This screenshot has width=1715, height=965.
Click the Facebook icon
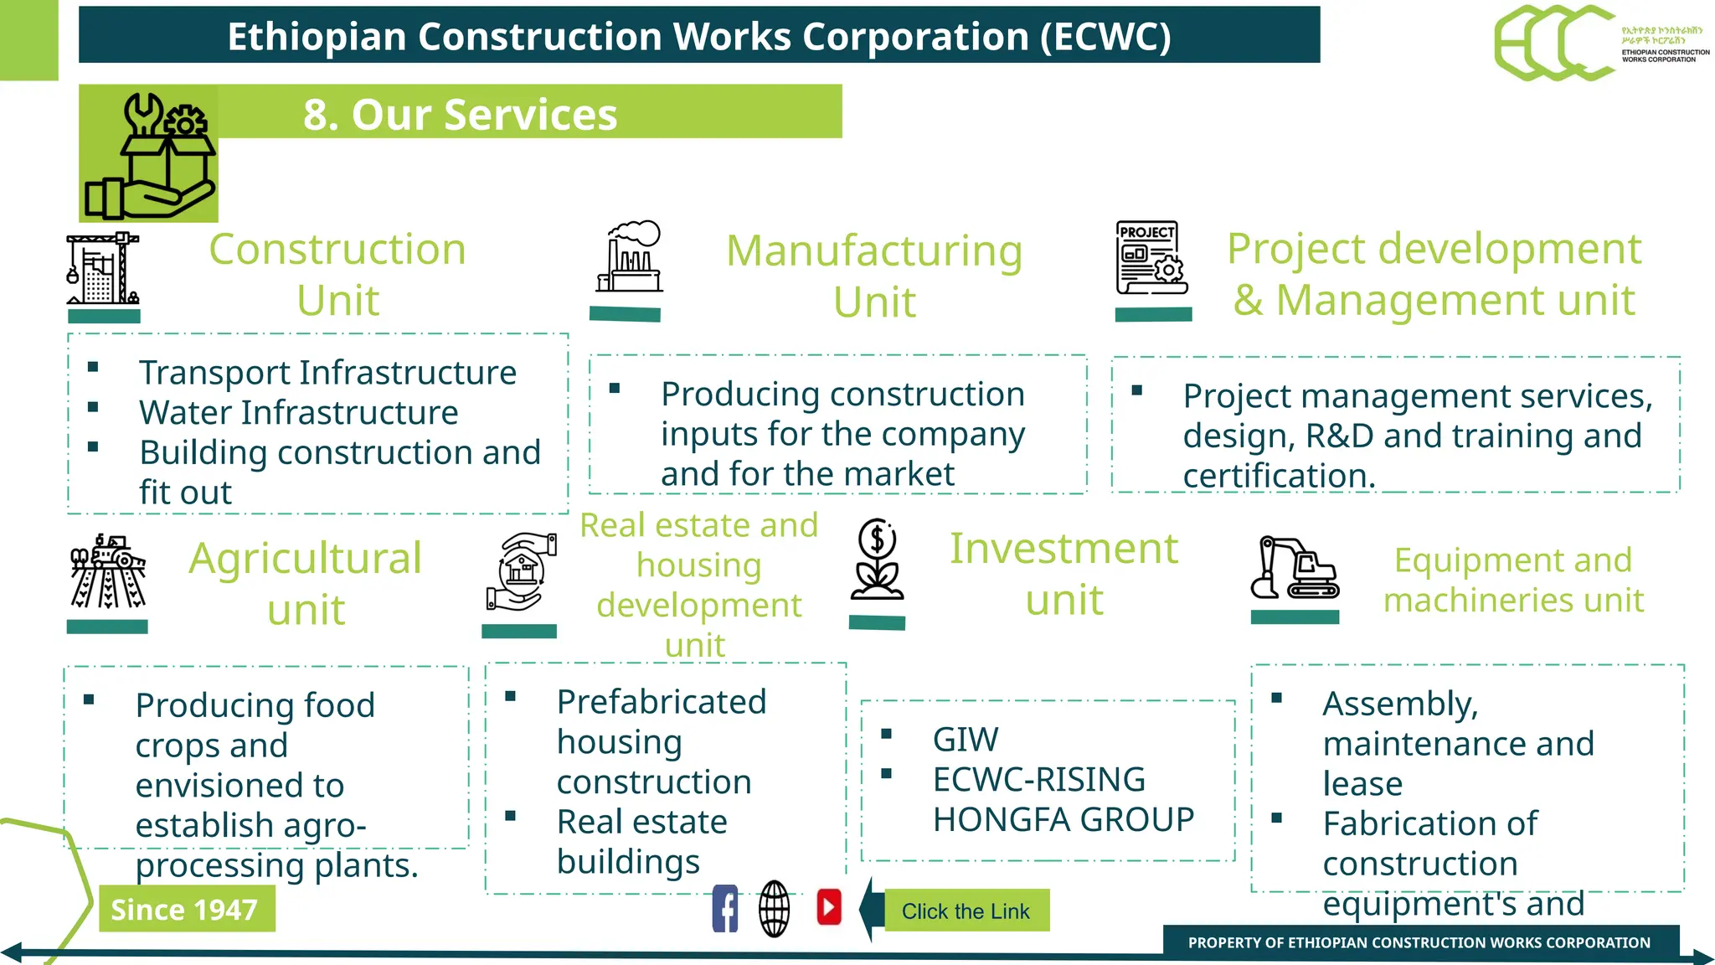[725, 909]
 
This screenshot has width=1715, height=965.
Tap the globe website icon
[775, 909]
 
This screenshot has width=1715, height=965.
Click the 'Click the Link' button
[966, 911]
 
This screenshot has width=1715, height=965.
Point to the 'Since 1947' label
[186, 910]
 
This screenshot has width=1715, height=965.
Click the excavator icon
[1295, 569]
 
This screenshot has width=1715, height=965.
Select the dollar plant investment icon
[877, 560]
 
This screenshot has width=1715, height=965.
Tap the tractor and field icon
[108, 571]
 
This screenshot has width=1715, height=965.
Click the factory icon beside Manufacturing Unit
[630, 257]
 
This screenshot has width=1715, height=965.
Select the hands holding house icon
[521, 571]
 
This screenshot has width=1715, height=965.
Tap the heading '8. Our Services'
[460, 114]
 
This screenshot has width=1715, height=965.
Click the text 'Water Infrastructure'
[299, 412]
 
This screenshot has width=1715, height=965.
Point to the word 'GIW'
[966, 740]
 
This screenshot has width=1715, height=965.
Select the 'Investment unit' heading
[1064, 574]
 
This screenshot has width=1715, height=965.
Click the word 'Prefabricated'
[662, 702]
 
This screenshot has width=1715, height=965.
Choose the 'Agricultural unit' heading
[306, 584]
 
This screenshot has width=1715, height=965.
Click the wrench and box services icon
[149, 154]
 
